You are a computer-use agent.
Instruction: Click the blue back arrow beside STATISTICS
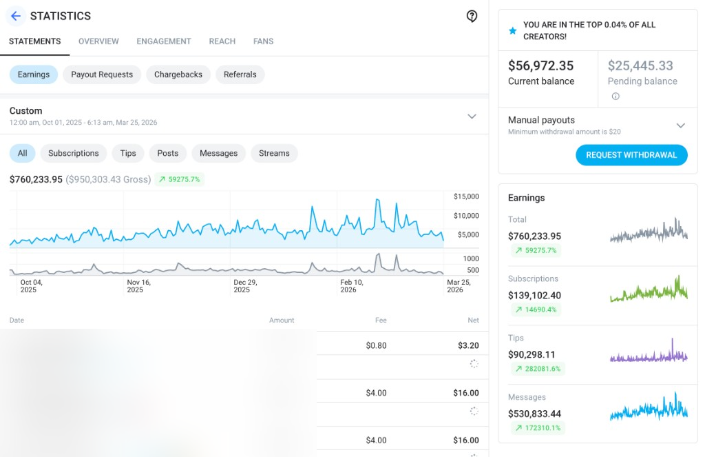click(x=16, y=16)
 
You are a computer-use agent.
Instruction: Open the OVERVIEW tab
click(x=98, y=41)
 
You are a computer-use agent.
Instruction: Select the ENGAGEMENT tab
click(x=164, y=41)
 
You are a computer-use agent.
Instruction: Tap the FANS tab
click(x=263, y=41)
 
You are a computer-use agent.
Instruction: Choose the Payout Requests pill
click(x=102, y=74)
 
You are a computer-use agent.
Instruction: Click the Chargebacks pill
click(x=178, y=74)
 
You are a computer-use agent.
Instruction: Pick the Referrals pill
click(x=240, y=74)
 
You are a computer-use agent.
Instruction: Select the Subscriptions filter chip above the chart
click(x=74, y=153)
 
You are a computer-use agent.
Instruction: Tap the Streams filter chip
click(x=274, y=153)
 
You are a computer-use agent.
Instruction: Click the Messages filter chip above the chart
click(x=218, y=153)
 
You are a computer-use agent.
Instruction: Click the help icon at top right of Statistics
click(x=472, y=16)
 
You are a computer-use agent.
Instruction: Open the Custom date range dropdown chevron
click(x=472, y=116)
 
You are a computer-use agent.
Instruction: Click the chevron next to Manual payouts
click(x=680, y=125)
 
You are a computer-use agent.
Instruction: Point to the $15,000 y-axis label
click(x=465, y=197)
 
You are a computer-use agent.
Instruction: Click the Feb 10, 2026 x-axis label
click(x=352, y=286)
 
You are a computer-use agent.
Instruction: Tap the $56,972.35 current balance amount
click(x=540, y=66)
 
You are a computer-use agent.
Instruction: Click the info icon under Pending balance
click(x=615, y=97)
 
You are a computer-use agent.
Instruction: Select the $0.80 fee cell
click(x=376, y=345)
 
